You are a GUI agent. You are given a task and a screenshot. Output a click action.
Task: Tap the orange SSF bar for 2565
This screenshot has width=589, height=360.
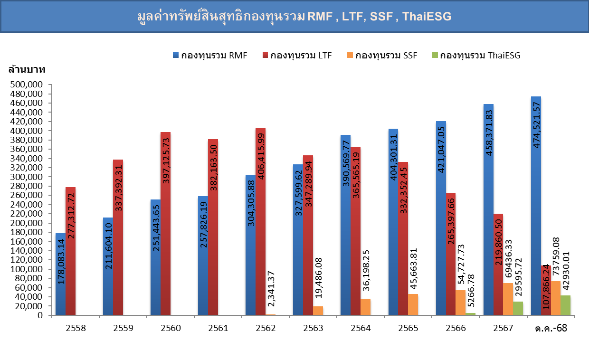click(413, 304)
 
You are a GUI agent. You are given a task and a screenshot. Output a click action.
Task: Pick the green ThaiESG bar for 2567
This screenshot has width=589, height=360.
click(518, 308)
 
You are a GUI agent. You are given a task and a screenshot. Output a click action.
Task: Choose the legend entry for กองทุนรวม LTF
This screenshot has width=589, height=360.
click(296, 55)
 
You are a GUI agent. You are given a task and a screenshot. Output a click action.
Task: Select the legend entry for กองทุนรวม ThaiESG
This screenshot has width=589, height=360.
click(475, 55)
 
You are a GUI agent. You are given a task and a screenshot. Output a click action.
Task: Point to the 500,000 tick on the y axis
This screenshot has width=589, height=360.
click(30, 85)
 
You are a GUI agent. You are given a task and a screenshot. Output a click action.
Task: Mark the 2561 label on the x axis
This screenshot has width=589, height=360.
click(218, 328)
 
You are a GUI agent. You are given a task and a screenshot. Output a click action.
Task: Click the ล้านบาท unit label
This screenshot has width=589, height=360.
click(27, 70)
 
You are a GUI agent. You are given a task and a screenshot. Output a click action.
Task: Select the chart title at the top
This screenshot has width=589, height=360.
click(294, 17)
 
